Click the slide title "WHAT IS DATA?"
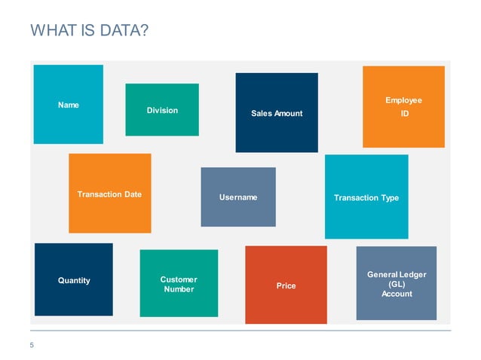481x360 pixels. (x=88, y=31)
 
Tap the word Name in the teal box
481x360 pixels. (x=69, y=105)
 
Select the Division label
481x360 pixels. (x=162, y=111)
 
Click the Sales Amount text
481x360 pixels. (x=277, y=114)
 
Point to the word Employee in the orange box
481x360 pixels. (x=403, y=100)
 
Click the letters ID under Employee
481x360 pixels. (x=404, y=114)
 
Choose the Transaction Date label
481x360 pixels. (x=109, y=194)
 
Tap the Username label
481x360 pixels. (x=238, y=197)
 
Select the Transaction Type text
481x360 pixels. (x=366, y=197)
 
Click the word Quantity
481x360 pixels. (x=74, y=280)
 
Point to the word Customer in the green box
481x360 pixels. (x=179, y=279)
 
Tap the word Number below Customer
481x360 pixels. (x=179, y=289)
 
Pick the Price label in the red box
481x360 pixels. (x=286, y=285)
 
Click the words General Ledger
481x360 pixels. (x=397, y=275)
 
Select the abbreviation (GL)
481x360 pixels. (x=397, y=285)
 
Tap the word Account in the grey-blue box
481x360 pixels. (x=397, y=294)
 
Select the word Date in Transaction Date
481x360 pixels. (x=132, y=194)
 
